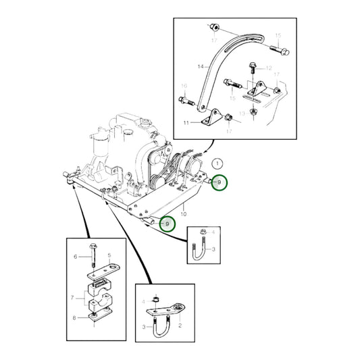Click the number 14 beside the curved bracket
pyautogui.click(x=199, y=68)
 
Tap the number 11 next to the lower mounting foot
pyautogui.click(x=187, y=122)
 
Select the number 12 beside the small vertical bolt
pyautogui.click(x=267, y=69)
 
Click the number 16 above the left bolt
pyautogui.click(x=183, y=86)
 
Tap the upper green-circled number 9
pyautogui.click(x=218, y=182)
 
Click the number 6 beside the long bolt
pyautogui.click(x=76, y=257)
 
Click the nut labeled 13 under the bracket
pyautogui.click(x=252, y=111)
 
